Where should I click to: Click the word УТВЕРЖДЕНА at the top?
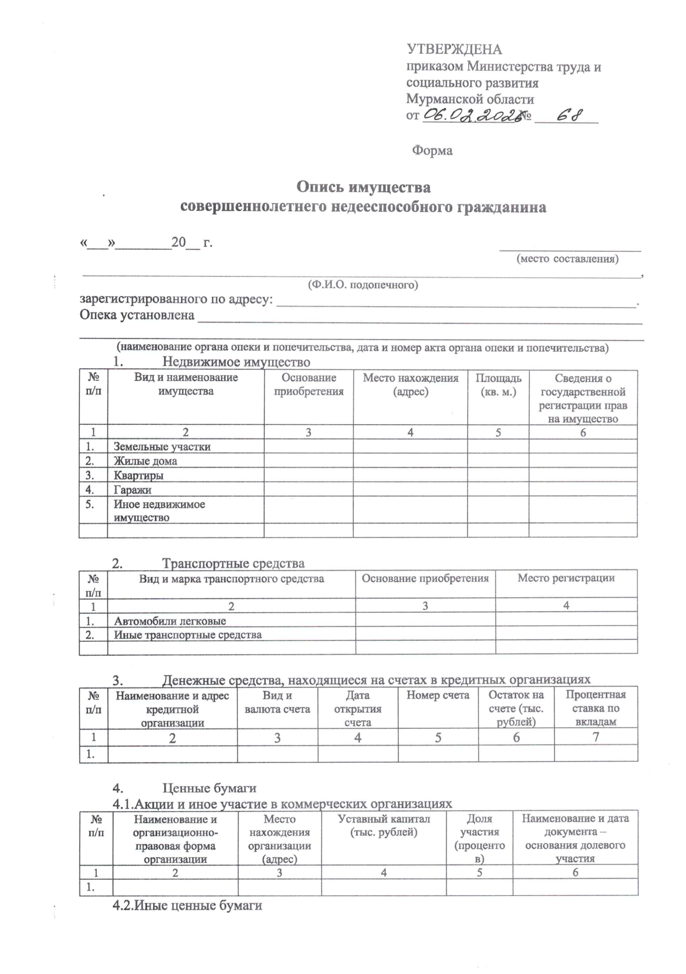click(x=454, y=50)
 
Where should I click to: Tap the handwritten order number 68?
click(x=569, y=115)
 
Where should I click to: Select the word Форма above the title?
click(x=432, y=151)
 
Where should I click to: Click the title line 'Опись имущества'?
click(x=363, y=187)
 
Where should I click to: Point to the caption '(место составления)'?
click(x=567, y=259)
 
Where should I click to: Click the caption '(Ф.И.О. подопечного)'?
click(x=363, y=285)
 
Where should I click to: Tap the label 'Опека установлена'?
click(x=137, y=315)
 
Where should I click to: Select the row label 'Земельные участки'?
click(x=162, y=447)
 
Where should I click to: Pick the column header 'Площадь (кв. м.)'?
click(x=498, y=385)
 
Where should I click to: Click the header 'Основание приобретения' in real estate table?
click(x=309, y=385)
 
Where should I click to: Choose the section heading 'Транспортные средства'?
click(x=233, y=564)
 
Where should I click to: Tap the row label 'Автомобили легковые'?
click(x=170, y=621)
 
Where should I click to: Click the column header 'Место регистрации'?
click(x=566, y=578)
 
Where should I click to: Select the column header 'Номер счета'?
click(x=438, y=695)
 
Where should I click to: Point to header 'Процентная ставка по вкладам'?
click(x=596, y=708)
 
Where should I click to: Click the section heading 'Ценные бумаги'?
click(x=209, y=789)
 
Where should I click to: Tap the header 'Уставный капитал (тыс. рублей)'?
click(x=384, y=825)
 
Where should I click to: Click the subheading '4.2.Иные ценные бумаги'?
click(x=188, y=905)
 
